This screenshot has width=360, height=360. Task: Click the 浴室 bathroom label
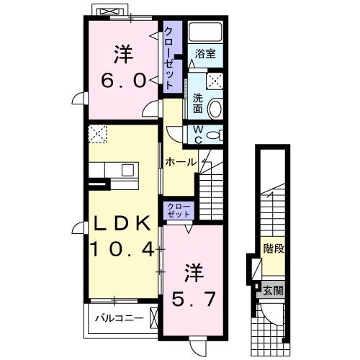[x=205, y=53]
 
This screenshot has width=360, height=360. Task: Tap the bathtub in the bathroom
[x=205, y=32]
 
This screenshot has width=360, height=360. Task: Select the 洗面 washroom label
[x=198, y=104]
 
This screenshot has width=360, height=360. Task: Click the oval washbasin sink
[x=215, y=109]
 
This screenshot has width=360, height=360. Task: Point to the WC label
[x=198, y=135]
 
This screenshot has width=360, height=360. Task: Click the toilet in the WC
[x=215, y=135]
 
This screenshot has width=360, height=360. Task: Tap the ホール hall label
[x=181, y=163]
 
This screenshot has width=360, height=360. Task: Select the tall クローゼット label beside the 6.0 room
[x=168, y=58]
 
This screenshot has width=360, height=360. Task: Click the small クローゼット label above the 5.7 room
[x=179, y=210]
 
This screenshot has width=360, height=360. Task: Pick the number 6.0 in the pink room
[x=123, y=81]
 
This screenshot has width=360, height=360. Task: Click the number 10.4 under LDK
[x=122, y=249]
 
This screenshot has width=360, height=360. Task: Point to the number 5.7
[x=193, y=299]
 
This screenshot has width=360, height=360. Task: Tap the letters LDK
[x=122, y=223]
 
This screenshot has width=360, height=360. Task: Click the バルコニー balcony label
[x=120, y=318]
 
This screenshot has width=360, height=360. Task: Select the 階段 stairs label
[x=274, y=248]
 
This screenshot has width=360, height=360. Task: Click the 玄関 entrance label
[x=274, y=291]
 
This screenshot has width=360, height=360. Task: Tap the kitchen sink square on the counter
[x=127, y=170]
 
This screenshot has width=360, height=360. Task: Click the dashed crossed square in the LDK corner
[x=97, y=134]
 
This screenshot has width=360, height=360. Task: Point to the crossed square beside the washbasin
[x=215, y=81]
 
